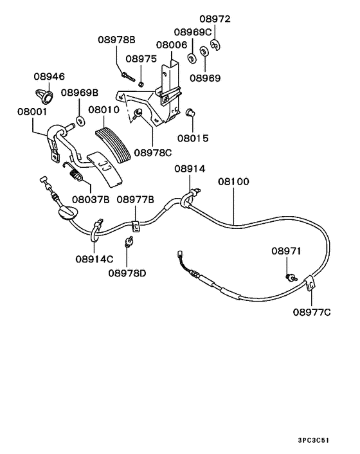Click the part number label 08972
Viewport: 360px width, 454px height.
point(215,19)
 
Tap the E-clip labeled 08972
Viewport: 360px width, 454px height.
point(215,45)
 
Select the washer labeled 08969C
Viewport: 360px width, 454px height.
point(192,59)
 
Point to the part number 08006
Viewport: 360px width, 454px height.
point(171,45)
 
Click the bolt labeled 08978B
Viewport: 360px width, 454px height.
point(128,77)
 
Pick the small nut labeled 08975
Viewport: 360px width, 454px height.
point(141,84)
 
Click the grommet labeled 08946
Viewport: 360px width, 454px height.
point(44,96)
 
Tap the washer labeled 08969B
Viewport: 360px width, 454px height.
point(80,120)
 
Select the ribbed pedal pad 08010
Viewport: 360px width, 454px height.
point(113,144)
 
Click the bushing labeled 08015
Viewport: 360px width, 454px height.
point(190,112)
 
